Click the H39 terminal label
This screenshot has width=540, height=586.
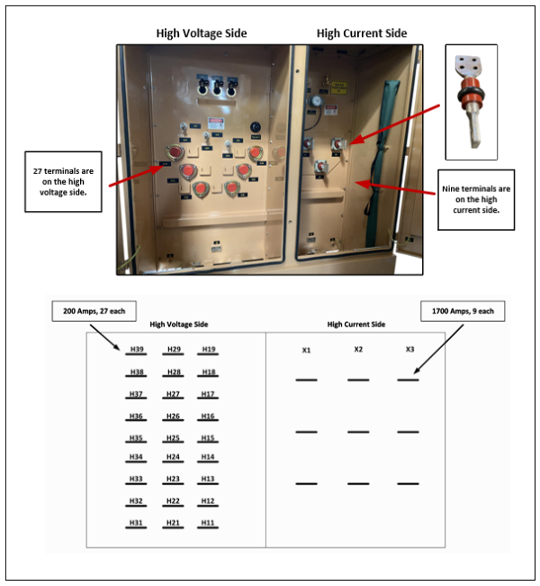[x=136, y=349]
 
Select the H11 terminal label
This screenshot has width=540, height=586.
[x=208, y=522]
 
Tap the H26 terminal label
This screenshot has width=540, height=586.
[x=173, y=416]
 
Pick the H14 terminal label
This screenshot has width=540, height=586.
[x=208, y=457]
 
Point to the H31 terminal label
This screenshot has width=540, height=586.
[x=136, y=522]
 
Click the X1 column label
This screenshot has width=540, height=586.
[x=306, y=350]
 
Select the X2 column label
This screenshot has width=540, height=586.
[x=358, y=349]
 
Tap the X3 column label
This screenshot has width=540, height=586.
[x=410, y=349]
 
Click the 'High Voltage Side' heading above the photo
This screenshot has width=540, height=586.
[x=202, y=33]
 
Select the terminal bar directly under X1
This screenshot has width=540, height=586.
[x=306, y=380]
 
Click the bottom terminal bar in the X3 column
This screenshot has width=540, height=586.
[x=410, y=484]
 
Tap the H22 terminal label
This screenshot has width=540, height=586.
[x=173, y=500]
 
